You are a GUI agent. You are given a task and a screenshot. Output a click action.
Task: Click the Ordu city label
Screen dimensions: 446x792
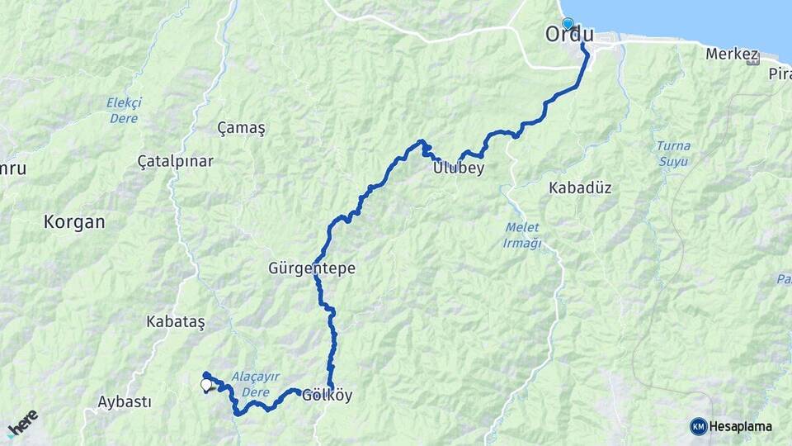(569, 35)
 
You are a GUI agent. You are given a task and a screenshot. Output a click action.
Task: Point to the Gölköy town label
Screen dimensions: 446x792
(328, 396)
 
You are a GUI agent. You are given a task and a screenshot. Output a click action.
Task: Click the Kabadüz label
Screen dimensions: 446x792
(580, 187)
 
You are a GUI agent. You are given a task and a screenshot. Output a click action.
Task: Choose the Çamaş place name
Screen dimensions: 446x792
(241, 129)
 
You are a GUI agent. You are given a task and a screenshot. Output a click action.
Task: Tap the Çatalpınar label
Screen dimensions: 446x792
(176, 161)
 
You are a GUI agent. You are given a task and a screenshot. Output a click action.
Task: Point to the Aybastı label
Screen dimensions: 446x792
(125, 402)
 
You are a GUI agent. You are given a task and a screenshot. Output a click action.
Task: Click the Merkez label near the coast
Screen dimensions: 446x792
(732, 55)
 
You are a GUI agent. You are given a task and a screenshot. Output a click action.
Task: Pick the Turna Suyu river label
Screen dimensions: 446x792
(673, 153)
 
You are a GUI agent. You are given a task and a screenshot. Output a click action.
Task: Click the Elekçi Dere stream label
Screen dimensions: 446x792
(124, 110)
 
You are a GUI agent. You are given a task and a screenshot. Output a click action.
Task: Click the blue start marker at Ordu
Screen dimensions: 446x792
(567, 24)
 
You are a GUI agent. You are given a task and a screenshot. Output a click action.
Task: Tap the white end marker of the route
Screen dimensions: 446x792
(206, 384)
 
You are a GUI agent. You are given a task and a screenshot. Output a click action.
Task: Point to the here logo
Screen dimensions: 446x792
(22, 423)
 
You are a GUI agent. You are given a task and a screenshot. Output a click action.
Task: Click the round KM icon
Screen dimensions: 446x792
(699, 426)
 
